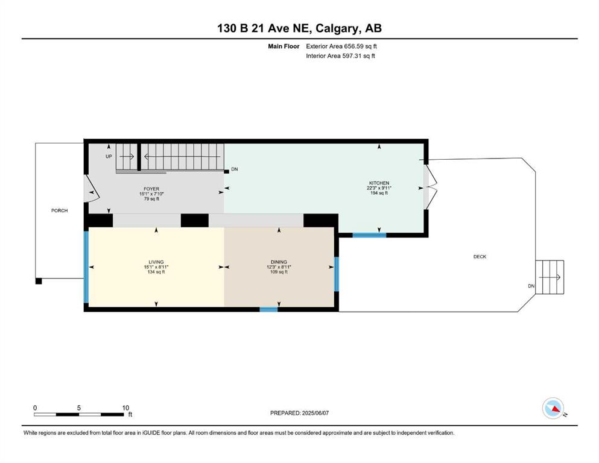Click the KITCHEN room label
pos(379,183)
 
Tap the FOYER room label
pos(151,189)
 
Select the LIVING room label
pos(156,262)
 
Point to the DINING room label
pos(279,262)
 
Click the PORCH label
pos(59,210)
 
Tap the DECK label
pos(480,256)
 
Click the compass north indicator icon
pos(553,408)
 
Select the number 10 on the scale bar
pos(125,408)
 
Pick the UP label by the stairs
pos(109,157)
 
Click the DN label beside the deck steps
pos(531,286)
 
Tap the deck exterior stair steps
pos(550,277)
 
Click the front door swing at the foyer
pos(92,188)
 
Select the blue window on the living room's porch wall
pos(86,267)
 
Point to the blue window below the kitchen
pos(369,235)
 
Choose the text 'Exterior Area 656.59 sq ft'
pos(341,46)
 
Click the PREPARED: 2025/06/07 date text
pos(299,413)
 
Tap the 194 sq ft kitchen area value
pos(379,193)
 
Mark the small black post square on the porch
pos(39,282)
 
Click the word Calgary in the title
pos(337,28)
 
